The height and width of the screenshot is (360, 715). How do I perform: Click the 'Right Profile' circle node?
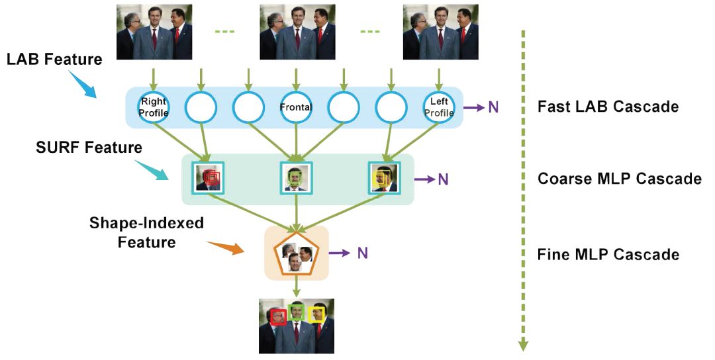point(154,107)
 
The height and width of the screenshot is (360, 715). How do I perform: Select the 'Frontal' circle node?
point(296,107)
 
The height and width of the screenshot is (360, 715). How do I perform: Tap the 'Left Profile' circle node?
point(440,107)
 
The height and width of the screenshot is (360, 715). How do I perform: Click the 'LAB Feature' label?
point(54,60)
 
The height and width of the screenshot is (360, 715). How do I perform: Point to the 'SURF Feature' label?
point(89,147)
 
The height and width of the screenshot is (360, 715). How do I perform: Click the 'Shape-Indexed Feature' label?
point(146,232)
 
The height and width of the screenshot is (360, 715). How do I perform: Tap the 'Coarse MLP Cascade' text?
point(620,179)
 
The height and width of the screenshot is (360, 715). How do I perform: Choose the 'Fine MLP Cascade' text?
point(608,254)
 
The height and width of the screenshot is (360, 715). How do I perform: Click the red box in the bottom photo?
point(279,316)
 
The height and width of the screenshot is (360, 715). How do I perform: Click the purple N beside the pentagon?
point(362,253)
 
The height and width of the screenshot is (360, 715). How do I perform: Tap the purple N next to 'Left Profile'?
point(493,107)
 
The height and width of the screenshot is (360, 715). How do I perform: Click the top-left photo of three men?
point(154,32)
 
